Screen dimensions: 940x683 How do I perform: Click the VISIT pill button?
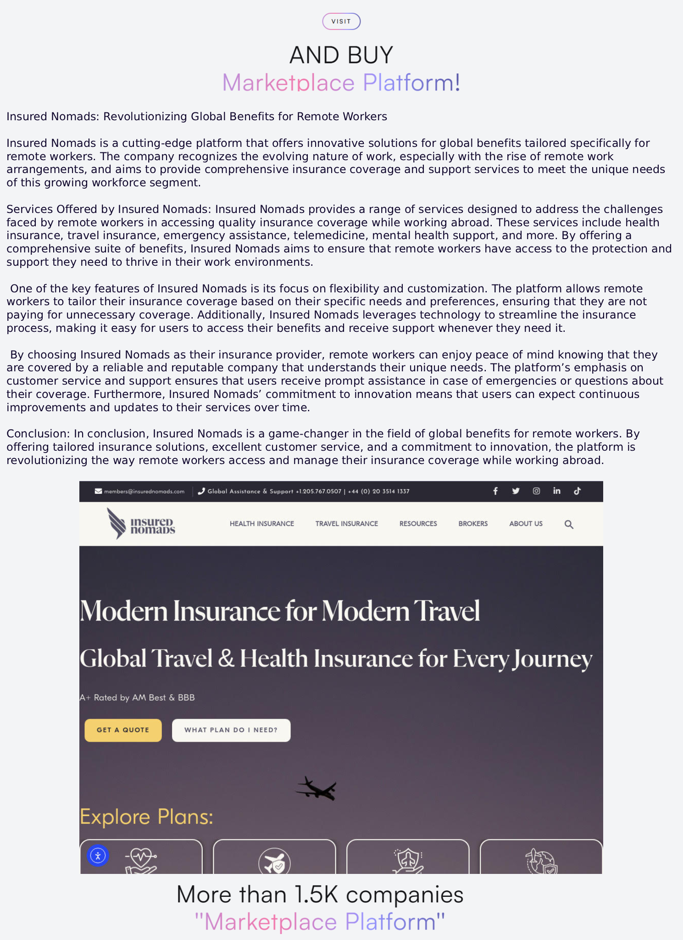[x=341, y=22]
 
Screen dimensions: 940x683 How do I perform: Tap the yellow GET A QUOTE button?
[x=123, y=730]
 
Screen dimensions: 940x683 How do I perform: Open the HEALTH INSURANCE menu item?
[x=262, y=524]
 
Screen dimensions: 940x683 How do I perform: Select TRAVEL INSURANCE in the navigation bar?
[x=347, y=524]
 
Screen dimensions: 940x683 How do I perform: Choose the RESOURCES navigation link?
[x=418, y=524]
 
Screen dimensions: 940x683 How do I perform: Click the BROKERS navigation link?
[x=473, y=524]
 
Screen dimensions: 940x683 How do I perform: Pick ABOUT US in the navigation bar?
[x=526, y=524]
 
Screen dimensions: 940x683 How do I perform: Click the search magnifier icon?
[x=569, y=524]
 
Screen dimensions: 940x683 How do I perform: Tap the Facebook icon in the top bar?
[x=495, y=491]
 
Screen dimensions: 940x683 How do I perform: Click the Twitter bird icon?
[x=516, y=491]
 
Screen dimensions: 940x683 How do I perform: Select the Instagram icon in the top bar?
[x=536, y=491]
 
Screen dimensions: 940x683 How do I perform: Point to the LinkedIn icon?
[x=557, y=491]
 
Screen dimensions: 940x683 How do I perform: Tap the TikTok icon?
[x=577, y=491]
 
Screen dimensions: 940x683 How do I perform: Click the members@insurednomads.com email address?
[x=144, y=492]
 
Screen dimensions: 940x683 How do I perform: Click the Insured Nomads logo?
[x=141, y=524]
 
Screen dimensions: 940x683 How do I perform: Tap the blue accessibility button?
[x=98, y=856]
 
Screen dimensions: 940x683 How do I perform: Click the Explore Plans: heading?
[x=146, y=817]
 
